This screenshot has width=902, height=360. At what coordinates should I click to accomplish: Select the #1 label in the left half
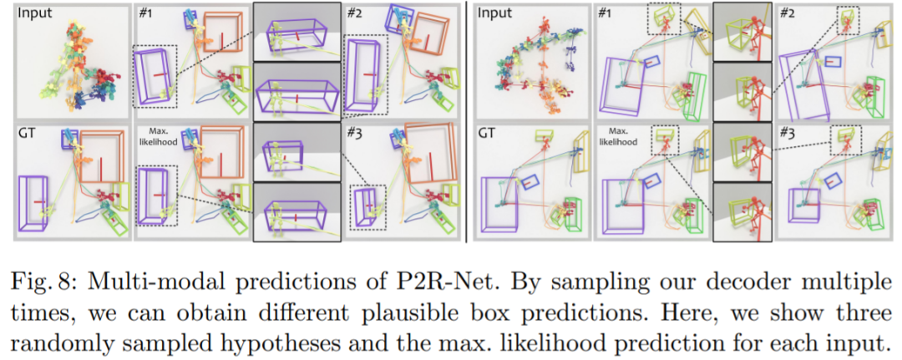coord(147,13)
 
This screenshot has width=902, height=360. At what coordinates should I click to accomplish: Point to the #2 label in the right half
coord(788,13)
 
